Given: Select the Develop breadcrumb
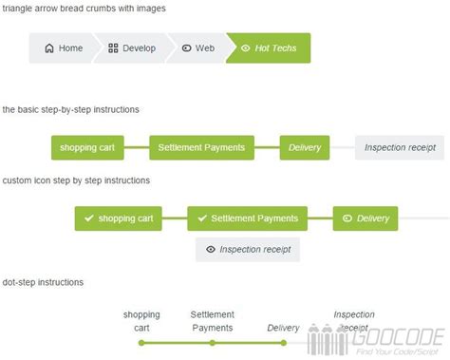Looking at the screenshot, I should (132, 47).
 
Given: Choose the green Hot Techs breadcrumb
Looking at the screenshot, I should (269, 47).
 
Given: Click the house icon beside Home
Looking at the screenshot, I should (49, 47).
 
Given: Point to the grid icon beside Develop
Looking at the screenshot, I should (113, 47).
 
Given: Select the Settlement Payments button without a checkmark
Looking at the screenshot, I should (201, 147).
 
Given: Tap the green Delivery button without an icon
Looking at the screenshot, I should (305, 147).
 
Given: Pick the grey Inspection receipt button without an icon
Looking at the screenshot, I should (400, 147).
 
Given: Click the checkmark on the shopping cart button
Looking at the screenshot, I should (89, 218).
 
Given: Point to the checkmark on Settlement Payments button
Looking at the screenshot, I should (201, 218).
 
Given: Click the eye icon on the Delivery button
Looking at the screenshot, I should (347, 218).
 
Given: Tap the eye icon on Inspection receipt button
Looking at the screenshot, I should (210, 250).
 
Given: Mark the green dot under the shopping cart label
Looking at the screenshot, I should (141, 342).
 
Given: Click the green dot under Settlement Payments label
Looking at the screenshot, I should (213, 342).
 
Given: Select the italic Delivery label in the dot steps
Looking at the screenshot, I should (283, 329).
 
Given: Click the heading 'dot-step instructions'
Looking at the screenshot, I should (42, 282).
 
